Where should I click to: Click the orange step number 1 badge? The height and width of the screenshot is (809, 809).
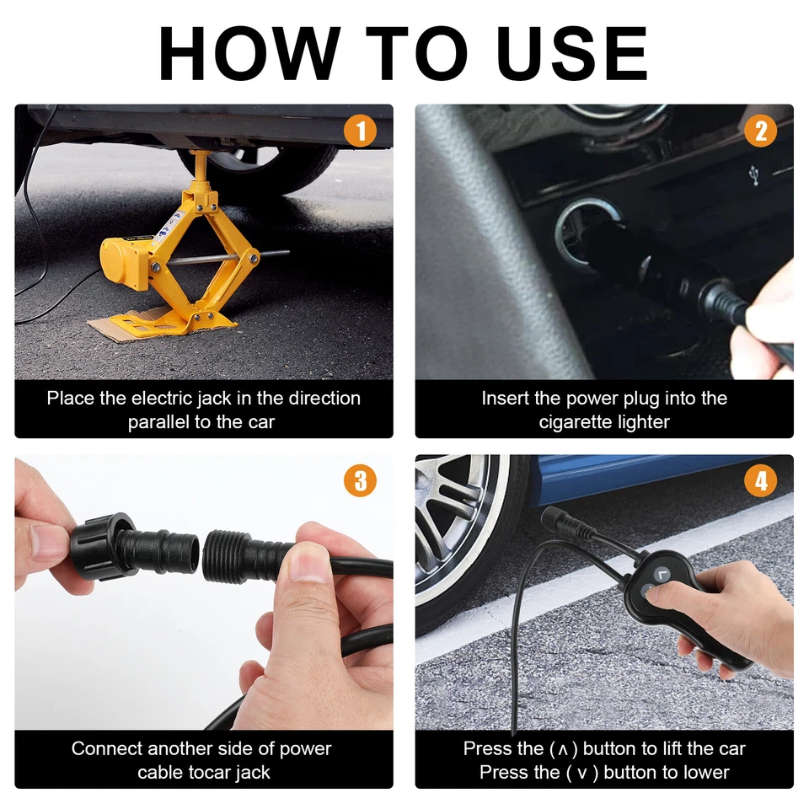(360, 131)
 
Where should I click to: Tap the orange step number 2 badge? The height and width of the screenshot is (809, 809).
(760, 131)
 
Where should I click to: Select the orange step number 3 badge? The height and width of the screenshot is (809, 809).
(360, 481)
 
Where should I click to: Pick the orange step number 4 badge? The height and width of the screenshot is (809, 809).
(760, 481)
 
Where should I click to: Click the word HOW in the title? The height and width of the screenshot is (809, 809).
(249, 53)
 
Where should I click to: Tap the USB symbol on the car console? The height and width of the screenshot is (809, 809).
(754, 175)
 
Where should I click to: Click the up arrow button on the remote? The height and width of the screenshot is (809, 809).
(662, 573)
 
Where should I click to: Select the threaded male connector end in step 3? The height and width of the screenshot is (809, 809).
(226, 555)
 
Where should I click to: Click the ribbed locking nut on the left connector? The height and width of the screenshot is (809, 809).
(102, 546)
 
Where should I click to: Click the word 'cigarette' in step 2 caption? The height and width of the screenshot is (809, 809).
(574, 422)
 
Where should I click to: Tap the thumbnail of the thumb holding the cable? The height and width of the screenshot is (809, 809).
(308, 564)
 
